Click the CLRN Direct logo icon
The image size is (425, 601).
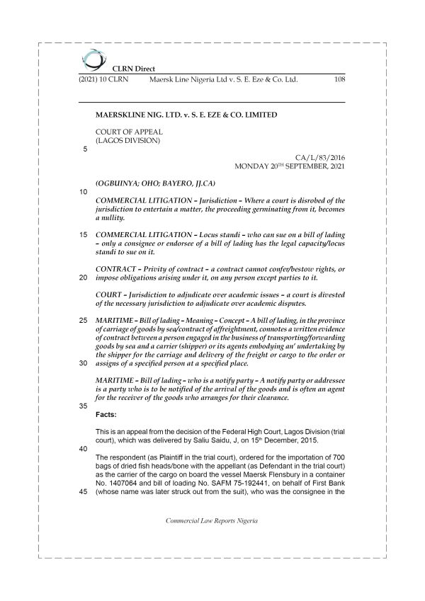[x=91, y=58]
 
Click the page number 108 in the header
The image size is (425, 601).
[x=339, y=81]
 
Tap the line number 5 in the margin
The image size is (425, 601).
[x=85, y=149]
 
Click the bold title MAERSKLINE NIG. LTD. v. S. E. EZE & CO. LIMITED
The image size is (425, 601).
[x=186, y=113]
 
